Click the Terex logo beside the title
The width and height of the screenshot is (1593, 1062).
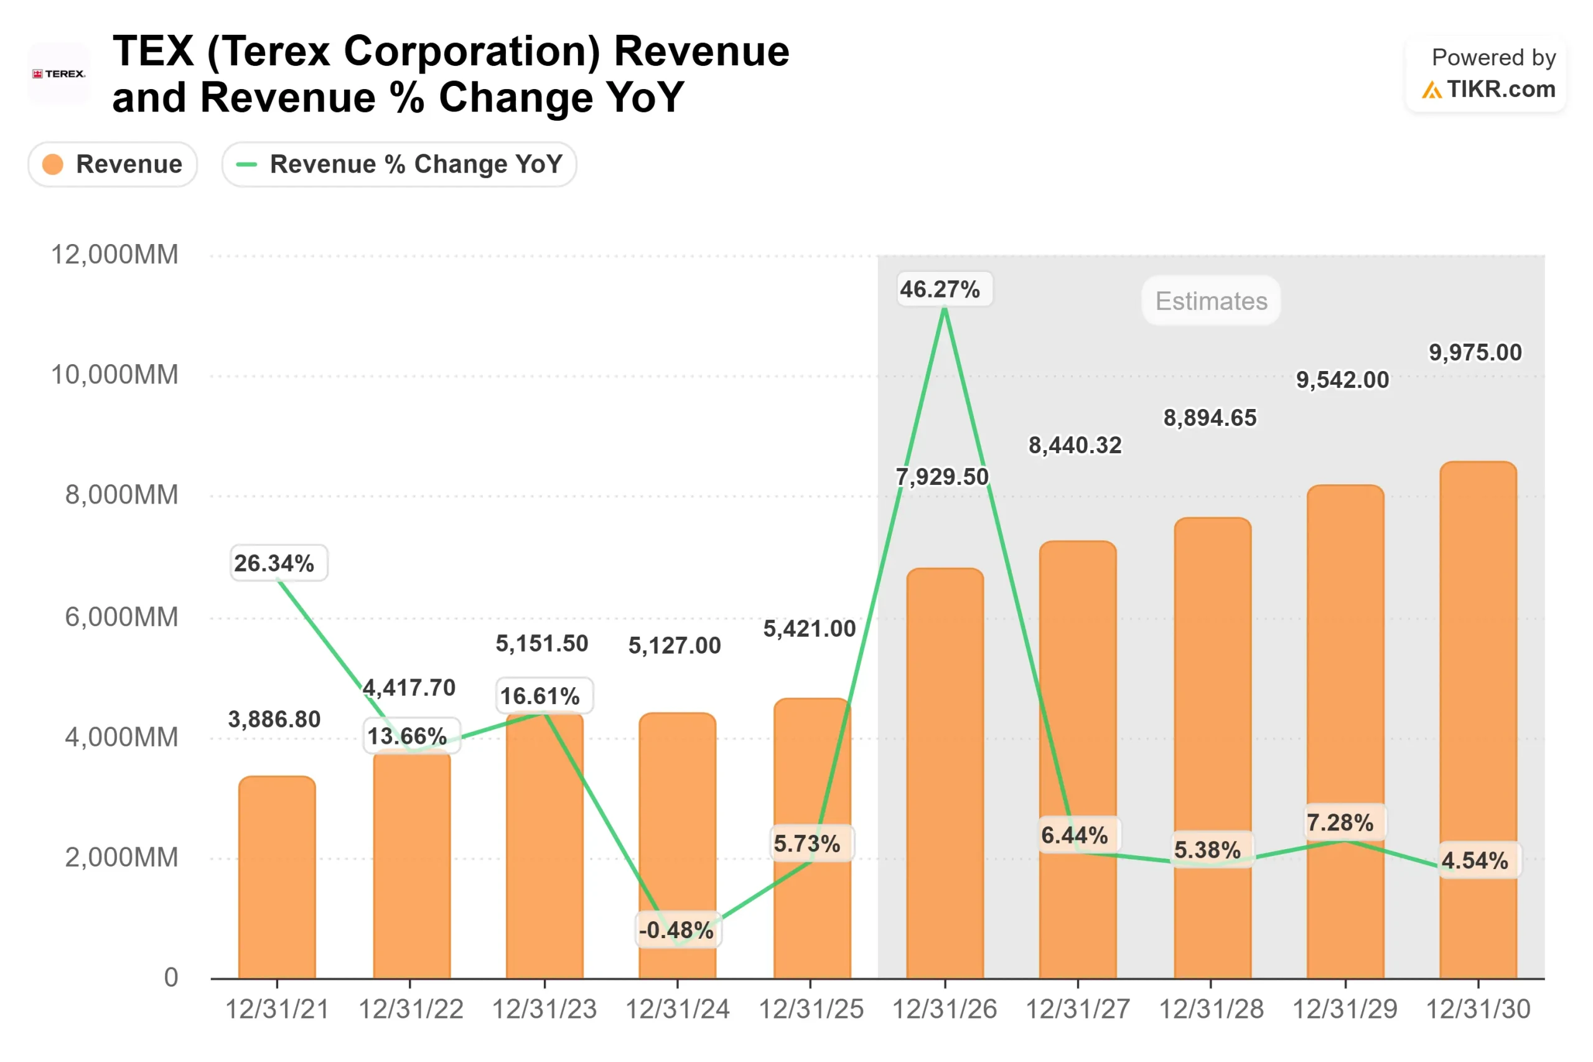tap(58, 74)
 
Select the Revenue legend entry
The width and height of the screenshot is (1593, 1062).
tap(113, 164)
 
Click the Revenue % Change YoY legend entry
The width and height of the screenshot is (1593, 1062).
tap(399, 164)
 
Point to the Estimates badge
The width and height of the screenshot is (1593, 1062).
tap(1210, 301)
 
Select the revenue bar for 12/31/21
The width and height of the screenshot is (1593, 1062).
tap(277, 880)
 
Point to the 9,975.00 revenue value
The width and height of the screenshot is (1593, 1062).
tap(1475, 352)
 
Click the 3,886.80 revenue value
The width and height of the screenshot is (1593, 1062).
tap(274, 719)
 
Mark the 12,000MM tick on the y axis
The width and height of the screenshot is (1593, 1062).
tap(114, 255)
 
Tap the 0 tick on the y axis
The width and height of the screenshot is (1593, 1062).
tap(171, 977)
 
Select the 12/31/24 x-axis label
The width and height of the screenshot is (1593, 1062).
tap(677, 1009)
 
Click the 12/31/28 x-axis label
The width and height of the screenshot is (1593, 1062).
tap(1210, 1009)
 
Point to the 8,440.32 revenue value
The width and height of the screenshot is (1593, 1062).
tap(1075, 445)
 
